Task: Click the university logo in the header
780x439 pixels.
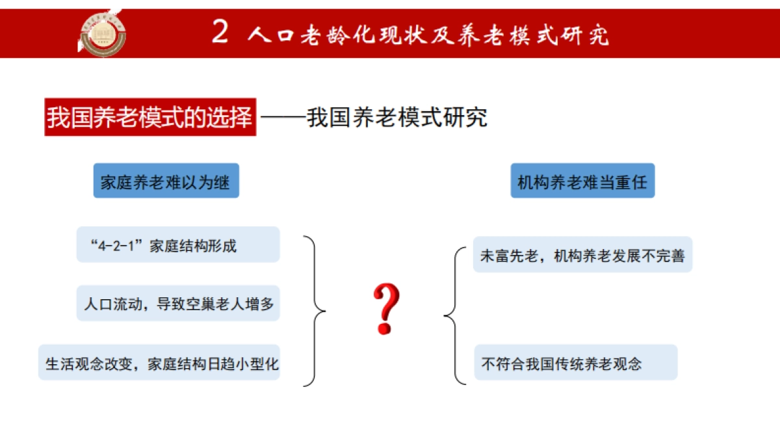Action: [103, 32]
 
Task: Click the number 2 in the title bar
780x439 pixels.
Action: [220, 33]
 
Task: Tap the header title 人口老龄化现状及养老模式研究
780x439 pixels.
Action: [429, 34]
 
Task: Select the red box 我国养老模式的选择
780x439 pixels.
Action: [150, 118]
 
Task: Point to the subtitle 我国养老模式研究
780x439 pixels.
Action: [397, 118]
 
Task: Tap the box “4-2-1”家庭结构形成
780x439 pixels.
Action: [178, 245]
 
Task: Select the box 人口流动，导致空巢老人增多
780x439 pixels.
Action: [178, 304]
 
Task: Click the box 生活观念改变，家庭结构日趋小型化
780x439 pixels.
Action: [160, 363]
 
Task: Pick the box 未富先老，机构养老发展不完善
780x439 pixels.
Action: [582, 255]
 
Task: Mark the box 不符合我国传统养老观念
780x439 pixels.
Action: [575, 363]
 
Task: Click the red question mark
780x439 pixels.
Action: [385, 310]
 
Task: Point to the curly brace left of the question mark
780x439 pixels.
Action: [315, 310]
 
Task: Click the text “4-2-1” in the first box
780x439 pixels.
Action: [119, 246]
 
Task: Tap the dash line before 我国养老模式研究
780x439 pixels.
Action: [283, 118]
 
